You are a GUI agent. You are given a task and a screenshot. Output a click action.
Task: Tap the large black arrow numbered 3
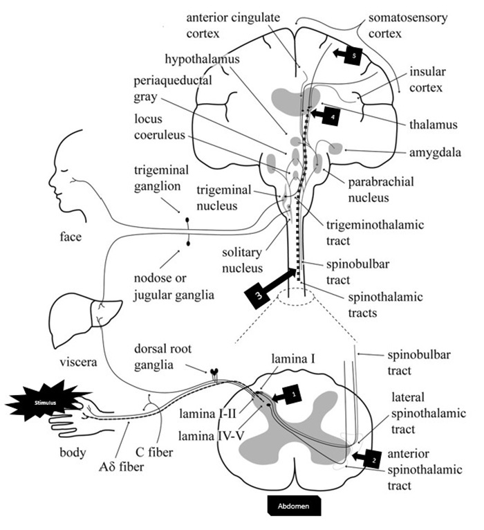[267, 284]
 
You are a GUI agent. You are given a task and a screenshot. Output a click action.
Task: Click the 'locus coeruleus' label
[159, 127]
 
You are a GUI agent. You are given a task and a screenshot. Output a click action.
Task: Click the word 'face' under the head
[71, 237]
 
